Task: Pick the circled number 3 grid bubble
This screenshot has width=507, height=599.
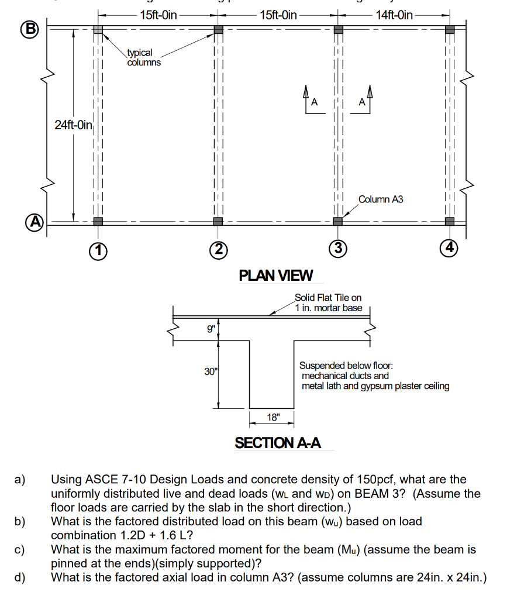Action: coord(337,248)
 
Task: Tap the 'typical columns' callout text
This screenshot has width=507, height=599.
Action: coord(144,57)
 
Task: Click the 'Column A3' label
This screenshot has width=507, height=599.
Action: coord(381,199)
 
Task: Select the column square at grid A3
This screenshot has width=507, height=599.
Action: coord(337,221)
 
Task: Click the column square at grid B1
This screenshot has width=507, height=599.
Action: coord(98,29)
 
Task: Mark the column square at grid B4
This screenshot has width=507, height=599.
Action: coord(449,29)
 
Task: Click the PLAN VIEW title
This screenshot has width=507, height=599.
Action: coord(276,275)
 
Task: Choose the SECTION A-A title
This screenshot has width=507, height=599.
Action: coord(278,443)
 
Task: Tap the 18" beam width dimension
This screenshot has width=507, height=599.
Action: coord(273,417)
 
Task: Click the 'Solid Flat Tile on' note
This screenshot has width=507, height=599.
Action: coord(328,298)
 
